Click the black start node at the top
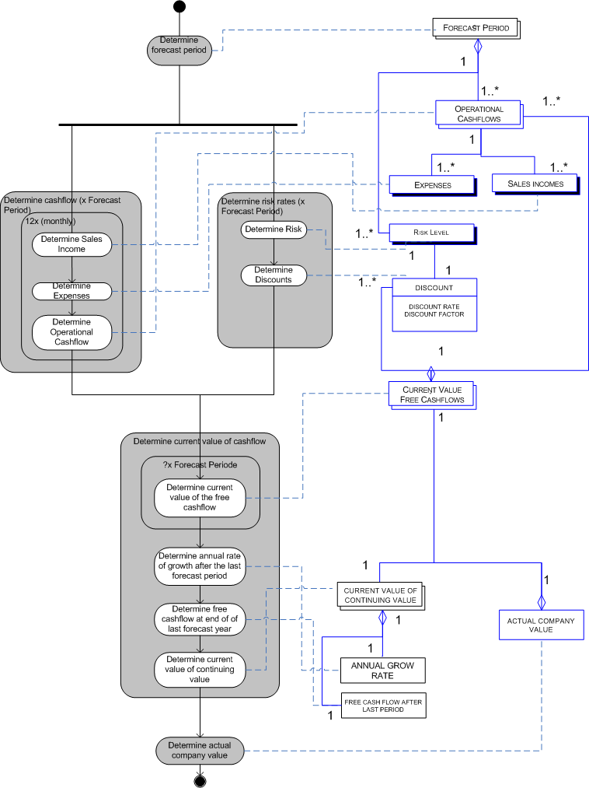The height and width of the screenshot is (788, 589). pyautogui.click(x=180, y=7)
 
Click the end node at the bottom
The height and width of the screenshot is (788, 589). pyautogui.click(x=200, y=780)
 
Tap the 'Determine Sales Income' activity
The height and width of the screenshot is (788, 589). pyautogui.click(x=71, y=243)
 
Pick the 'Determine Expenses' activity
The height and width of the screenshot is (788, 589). pyautogui.click(x=71, y=291)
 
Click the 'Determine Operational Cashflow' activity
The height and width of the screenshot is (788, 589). pyautogui.click(x=71, y=332)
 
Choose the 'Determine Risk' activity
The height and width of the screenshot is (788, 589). pyautogui.click(x=274, y=229)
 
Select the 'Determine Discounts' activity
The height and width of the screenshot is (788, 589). pyautogui.click(x=274, y=275)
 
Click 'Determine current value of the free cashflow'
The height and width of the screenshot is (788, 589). pyautogui.click(x=200, y=498)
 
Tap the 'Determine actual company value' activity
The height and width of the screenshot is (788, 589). pyautogui.click(x=200, y=750)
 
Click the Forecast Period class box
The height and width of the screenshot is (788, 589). pyautogui.click(x=476, y=28)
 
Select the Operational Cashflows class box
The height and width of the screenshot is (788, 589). pyautogui.click(x=479, y=114)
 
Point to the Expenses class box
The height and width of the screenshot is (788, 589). pyautogui.click(x=432, y=184)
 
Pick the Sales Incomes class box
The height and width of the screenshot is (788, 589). pyautogui.click(x=535, y=184)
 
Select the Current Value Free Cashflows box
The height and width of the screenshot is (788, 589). pyautogui.click(x=431, y=394)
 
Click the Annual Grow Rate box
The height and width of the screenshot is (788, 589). pyautogui.click(x=382, y=671)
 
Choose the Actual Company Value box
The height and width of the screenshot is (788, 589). pyautogui.click(x=541, y=625)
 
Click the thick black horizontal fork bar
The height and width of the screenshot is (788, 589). pyautogui.click(x=178, y=124)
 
